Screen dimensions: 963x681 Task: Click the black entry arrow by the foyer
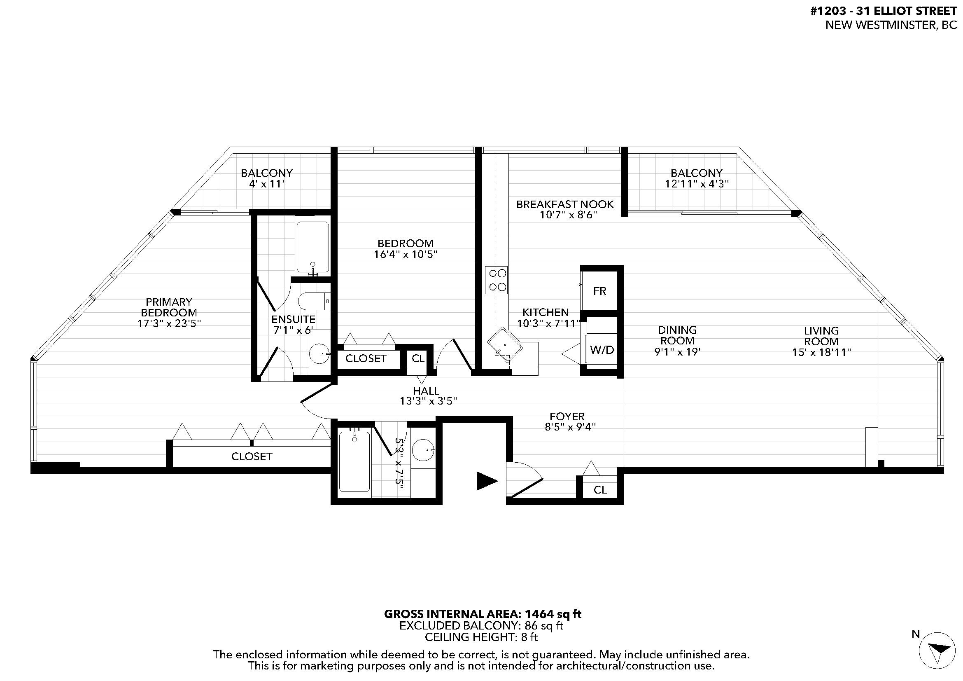[487, 481]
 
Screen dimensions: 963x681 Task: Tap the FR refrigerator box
[599, 291]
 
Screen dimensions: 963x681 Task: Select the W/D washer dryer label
[602, 350]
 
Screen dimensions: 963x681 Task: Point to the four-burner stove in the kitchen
[497, 280]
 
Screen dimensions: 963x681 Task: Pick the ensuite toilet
[313, 301]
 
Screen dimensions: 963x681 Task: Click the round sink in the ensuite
[320, 353]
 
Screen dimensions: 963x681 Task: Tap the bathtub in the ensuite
[313, 248]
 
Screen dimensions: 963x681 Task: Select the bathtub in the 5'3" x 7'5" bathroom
[354, 461]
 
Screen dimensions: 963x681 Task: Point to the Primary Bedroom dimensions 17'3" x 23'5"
[170, 323]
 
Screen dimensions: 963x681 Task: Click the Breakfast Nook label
[565, 204]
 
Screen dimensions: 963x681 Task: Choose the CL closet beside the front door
[600, 490]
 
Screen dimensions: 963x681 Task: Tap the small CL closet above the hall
[418, 358]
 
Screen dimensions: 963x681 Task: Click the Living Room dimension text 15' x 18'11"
[821, 353]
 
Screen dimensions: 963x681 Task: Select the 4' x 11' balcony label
[267, 184]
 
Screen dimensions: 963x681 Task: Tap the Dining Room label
[677, 335]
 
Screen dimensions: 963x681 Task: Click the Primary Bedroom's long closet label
[252, 456]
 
